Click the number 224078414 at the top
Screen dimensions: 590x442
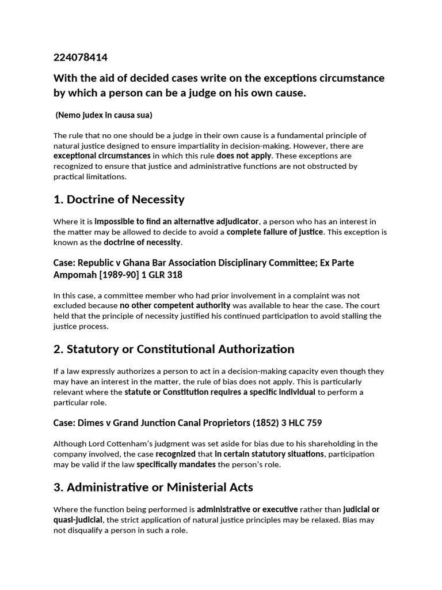(x=81, y=58)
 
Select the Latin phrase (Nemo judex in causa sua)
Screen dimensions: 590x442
(x=104, y=115)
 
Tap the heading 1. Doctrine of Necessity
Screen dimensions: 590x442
(x=119, y=199)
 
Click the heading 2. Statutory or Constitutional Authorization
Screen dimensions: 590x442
(x=174, y=349)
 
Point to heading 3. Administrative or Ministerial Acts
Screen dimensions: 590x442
(x=153, y=487)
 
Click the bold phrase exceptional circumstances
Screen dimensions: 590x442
(x=102, y=156)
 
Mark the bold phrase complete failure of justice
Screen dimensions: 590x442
(x=275, y=232)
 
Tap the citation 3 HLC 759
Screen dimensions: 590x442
(x=303, y=423)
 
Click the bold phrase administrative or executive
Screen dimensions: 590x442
(x=247, y=509)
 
